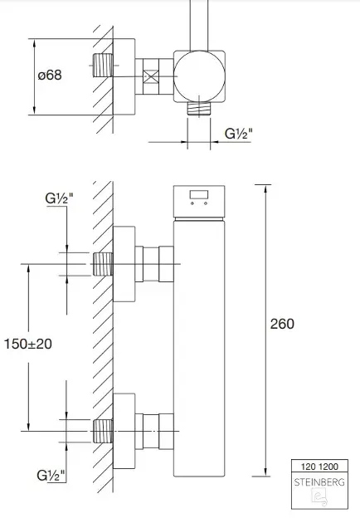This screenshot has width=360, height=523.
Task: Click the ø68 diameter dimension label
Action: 50,75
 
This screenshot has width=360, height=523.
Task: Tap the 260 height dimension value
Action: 282,324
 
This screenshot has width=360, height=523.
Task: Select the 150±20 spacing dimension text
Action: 28,344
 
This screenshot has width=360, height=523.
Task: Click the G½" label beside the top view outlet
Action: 239,134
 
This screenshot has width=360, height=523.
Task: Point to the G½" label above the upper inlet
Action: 59,198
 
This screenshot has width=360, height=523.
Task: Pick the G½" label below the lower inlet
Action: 51,475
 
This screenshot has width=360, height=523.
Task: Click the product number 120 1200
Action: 319,467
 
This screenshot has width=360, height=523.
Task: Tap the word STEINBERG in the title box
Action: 319,482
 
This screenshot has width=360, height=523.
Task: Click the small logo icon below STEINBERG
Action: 319,497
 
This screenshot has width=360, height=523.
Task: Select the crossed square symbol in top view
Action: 151,76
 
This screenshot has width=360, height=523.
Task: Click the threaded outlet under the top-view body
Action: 199,108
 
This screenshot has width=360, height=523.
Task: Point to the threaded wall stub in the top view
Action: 103,66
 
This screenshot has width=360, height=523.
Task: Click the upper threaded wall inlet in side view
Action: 103,264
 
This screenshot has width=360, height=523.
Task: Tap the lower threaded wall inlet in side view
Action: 103,432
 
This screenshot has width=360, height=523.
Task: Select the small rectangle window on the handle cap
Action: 199,195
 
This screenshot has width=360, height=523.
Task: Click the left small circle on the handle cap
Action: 192,203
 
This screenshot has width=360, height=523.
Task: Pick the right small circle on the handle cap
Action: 206,203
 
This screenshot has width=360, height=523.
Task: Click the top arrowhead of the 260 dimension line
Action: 265,188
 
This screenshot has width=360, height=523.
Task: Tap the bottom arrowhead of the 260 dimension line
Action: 265,472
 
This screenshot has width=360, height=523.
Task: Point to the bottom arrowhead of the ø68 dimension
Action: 35,110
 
